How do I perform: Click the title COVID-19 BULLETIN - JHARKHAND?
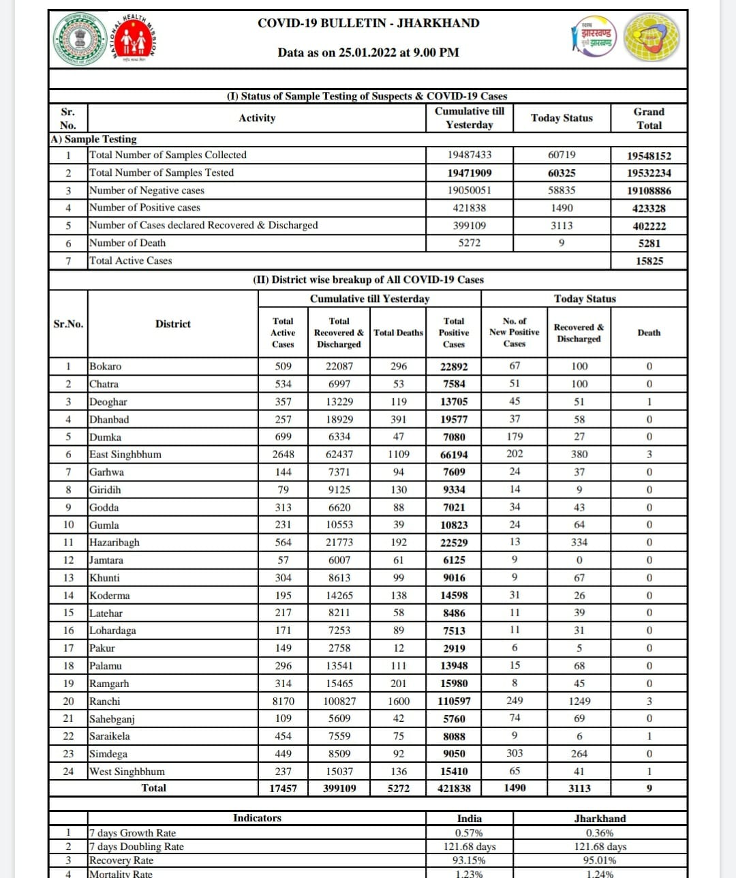[368, 23]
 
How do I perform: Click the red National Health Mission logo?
[133, 40]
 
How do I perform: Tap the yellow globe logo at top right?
[652, 37]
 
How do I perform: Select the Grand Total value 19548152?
[649, 155]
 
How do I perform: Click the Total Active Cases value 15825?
[649, 261]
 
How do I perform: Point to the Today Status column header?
[562, 118]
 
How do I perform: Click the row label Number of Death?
[127, 243]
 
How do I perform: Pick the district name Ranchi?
[105, 701]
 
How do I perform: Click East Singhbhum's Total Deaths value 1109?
[398, 455]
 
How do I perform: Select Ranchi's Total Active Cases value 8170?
[283, 701]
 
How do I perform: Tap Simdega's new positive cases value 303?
[515, 753]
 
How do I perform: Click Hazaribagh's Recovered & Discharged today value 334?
[579, 543]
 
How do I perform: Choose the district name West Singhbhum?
[127, 772]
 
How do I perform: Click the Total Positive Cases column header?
[454, 333]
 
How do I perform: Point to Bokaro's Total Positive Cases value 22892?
[454, 367]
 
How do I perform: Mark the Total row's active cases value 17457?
[283, 789]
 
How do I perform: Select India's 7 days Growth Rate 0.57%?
[469, 833]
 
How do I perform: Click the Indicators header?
[257, 818]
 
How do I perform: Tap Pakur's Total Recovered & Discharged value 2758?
[339, 648]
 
